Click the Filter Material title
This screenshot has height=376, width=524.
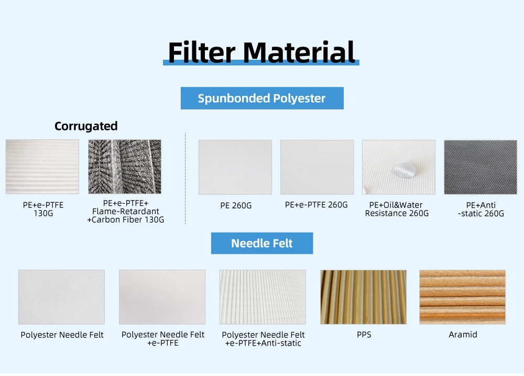click(x=261, y=52)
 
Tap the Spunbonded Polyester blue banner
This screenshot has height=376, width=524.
click(x=262, y=98)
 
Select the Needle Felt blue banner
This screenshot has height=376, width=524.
click(x=262, y=243)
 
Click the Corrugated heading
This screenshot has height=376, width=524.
click(x=86, y=126)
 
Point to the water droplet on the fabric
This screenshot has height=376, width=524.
click(x=404, y=170)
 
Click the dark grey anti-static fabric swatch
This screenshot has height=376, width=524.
click(x=481, y=167)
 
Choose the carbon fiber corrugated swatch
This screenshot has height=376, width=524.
click(x=125, y=167)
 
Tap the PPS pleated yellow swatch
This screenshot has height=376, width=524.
click(x=363, y=297)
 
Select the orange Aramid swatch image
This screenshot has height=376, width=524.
click(x=463, y=297)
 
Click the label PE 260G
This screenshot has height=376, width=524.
click(x=236, y=205)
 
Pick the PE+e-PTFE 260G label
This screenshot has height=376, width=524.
click(x=316, y=205)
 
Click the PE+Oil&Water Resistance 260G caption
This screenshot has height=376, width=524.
click(x=397, y=209)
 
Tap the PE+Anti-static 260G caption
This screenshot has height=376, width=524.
click(x=481, y=209)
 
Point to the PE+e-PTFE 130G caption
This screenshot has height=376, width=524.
click(x=43, y=209)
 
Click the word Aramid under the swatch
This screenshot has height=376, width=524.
click(x=463, y=334)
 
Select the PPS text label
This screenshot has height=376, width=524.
click(x=364, y=334)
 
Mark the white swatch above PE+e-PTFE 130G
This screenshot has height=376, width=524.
click(x=42, y=167)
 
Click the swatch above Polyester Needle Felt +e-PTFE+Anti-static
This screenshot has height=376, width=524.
click(x=263, y=297)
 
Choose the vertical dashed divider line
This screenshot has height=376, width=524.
click(x=185, y=179)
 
